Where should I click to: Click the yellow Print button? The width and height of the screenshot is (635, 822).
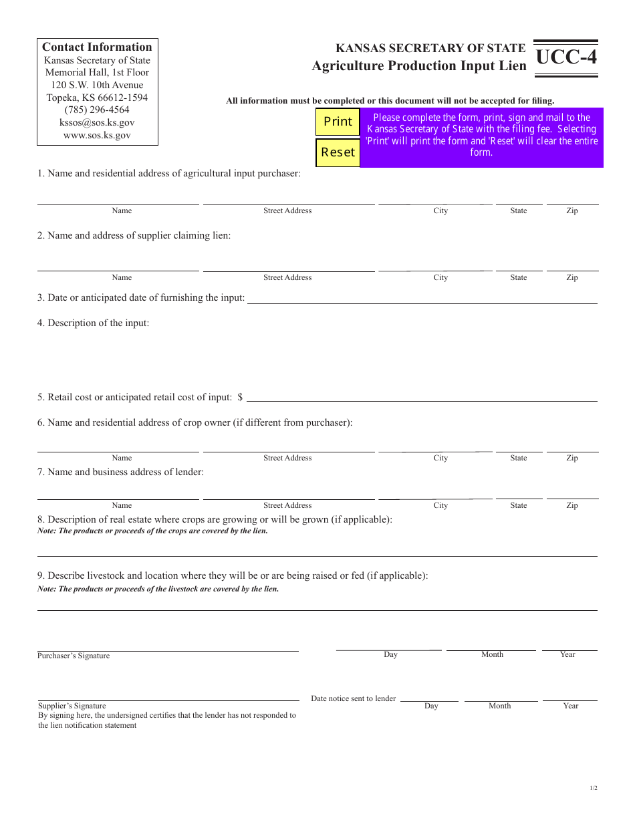(x=338, y=122)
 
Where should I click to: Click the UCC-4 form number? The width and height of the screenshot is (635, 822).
(x=566, y=57)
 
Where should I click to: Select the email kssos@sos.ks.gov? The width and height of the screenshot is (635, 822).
(x=97, y=122)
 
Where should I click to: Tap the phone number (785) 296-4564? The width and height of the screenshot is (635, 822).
(x=97, y=110)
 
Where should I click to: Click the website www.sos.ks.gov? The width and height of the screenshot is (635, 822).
(x=97, y=135)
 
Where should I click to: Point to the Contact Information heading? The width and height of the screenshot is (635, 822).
(x=97, y=47)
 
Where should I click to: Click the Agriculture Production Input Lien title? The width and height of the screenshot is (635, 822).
(x=418, y=65)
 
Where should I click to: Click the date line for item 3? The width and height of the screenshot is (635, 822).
(x=422, y=299)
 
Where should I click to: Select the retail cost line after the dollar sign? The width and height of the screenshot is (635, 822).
(x=422, y=397)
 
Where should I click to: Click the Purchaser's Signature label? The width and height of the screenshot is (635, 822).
(x=74, y=656)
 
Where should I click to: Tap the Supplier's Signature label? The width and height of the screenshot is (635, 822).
(x=72, y=706)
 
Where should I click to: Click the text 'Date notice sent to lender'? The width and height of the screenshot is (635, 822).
(x=353, y=698)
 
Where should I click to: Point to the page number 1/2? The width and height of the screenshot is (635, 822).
(x=594, y=788)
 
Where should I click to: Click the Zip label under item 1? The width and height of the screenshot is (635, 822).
(x=572, y=211)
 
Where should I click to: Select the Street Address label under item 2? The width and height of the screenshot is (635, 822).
(x=287, y=277)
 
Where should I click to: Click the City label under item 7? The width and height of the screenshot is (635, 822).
(x=440, y=505)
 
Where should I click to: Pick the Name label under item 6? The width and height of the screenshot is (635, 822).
(x=122, y=458)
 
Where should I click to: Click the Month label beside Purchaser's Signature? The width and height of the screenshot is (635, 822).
(x=492, y=654)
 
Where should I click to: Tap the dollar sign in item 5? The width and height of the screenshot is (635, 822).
(x=240, y=397)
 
